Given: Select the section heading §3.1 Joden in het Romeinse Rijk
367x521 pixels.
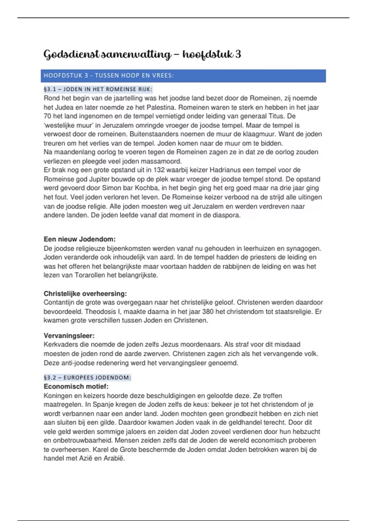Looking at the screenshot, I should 98,89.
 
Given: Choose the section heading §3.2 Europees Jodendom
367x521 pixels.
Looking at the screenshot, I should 87,378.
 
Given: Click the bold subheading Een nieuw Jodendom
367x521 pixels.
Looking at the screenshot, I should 80,239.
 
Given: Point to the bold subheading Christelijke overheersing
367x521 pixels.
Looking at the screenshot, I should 85,294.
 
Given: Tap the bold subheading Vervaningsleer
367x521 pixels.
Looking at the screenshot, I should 69,336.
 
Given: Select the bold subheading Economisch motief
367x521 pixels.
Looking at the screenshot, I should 76,386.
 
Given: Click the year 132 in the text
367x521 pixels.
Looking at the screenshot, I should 159,170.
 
